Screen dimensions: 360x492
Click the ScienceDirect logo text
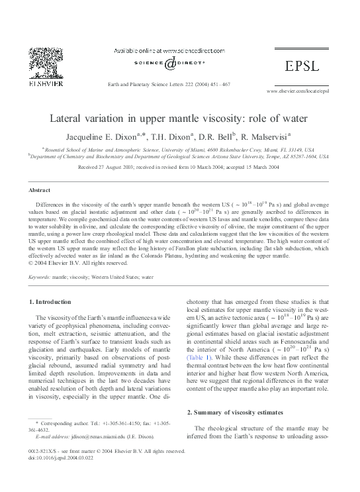click(x=171, y=64)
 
